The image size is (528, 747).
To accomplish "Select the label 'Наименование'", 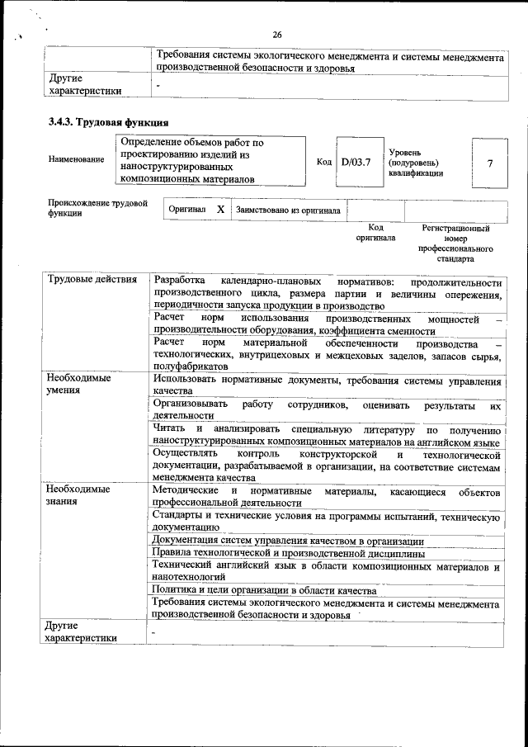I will coord(76,158).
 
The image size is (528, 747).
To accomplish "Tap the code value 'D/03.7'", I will coord(356,162).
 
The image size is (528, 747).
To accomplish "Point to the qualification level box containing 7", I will coord(489,163).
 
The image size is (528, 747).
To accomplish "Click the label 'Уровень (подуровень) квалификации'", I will coord(417,163).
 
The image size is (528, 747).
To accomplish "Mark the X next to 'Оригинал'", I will coord(220,210).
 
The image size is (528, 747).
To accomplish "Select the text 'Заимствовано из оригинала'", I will coord(287,210).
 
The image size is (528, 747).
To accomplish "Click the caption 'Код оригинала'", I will coord(375,233).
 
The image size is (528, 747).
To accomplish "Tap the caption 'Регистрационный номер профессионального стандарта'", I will coord(455,243).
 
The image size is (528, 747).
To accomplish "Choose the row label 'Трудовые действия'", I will coord(92,281).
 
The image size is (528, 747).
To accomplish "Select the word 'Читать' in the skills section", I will coord(169,429).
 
